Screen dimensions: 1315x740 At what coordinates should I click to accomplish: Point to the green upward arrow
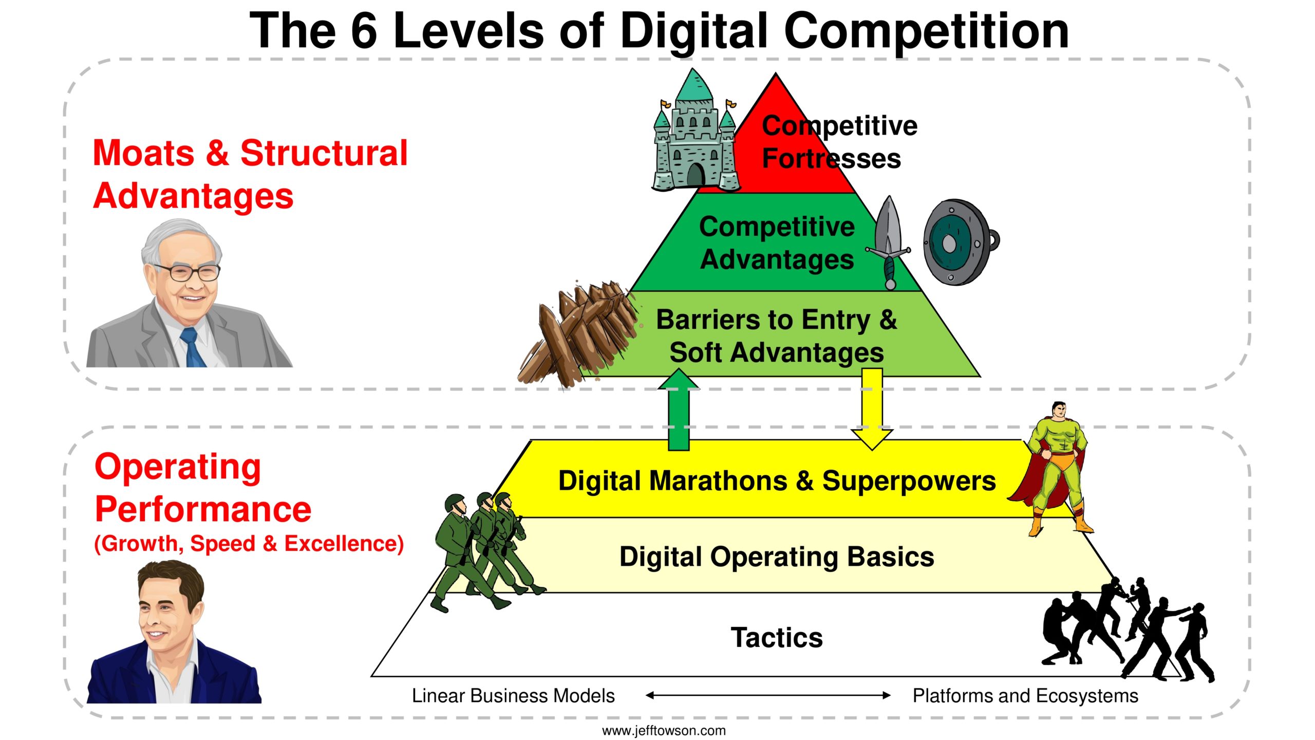[x=679, y=410]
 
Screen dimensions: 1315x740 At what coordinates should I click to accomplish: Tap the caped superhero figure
[x=1058, y=468]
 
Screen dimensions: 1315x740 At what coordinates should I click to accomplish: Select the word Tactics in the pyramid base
[x=777, y=638]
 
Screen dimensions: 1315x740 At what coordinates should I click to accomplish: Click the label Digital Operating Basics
[x=777, y=557]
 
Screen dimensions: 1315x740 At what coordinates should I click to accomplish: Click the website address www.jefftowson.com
[x=664, y=730]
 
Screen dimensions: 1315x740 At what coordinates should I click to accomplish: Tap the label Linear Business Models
[x=513, y=696]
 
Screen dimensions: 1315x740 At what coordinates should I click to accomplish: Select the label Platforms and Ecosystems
[x=1025, y=696]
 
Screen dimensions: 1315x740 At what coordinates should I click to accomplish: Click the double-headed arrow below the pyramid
[x=768, y=695]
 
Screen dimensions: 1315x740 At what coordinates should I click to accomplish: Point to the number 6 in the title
[x=364, y=31]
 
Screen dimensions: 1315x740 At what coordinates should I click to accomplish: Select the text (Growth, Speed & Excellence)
[x=249, y=544]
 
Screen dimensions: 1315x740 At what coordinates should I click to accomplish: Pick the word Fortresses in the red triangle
[x=831, y=158]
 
